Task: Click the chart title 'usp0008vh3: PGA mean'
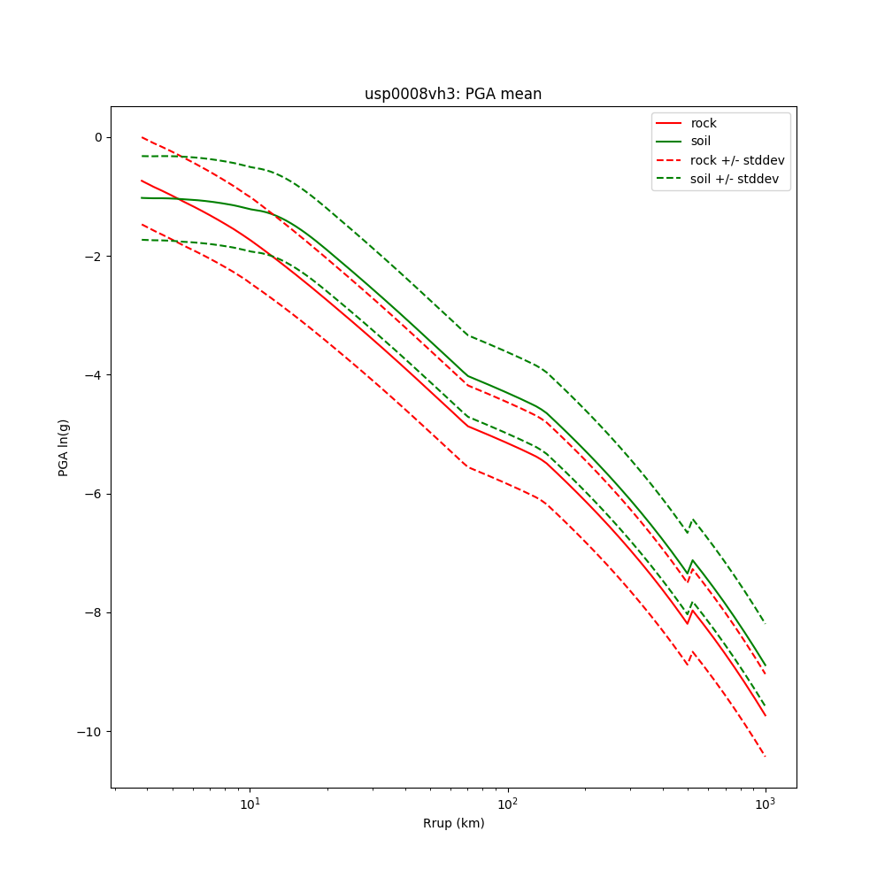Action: (x=453, y=94)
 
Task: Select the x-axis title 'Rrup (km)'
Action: (x=453, y=823)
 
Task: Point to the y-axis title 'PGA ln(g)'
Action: (x=64, y=447)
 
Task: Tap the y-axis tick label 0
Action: (x=97, y=137)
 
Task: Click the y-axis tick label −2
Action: (x=93, y=257)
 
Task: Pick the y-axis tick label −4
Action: (x=93, y=375)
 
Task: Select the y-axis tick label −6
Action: (x=93, y=494)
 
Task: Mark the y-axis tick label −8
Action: (x=93, y=612)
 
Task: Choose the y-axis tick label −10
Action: (x=90, y=732)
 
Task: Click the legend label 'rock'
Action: (x=704, y=123)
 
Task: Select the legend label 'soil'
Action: (x=701, y=141)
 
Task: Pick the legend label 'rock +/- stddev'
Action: (x=737, y=160)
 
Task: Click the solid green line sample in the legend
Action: (x=669, y=141)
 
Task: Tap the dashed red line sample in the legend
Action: (x=669, y=160)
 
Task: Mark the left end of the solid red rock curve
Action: (x=142, y=181)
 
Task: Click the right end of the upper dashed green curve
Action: (x=765, y=623)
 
